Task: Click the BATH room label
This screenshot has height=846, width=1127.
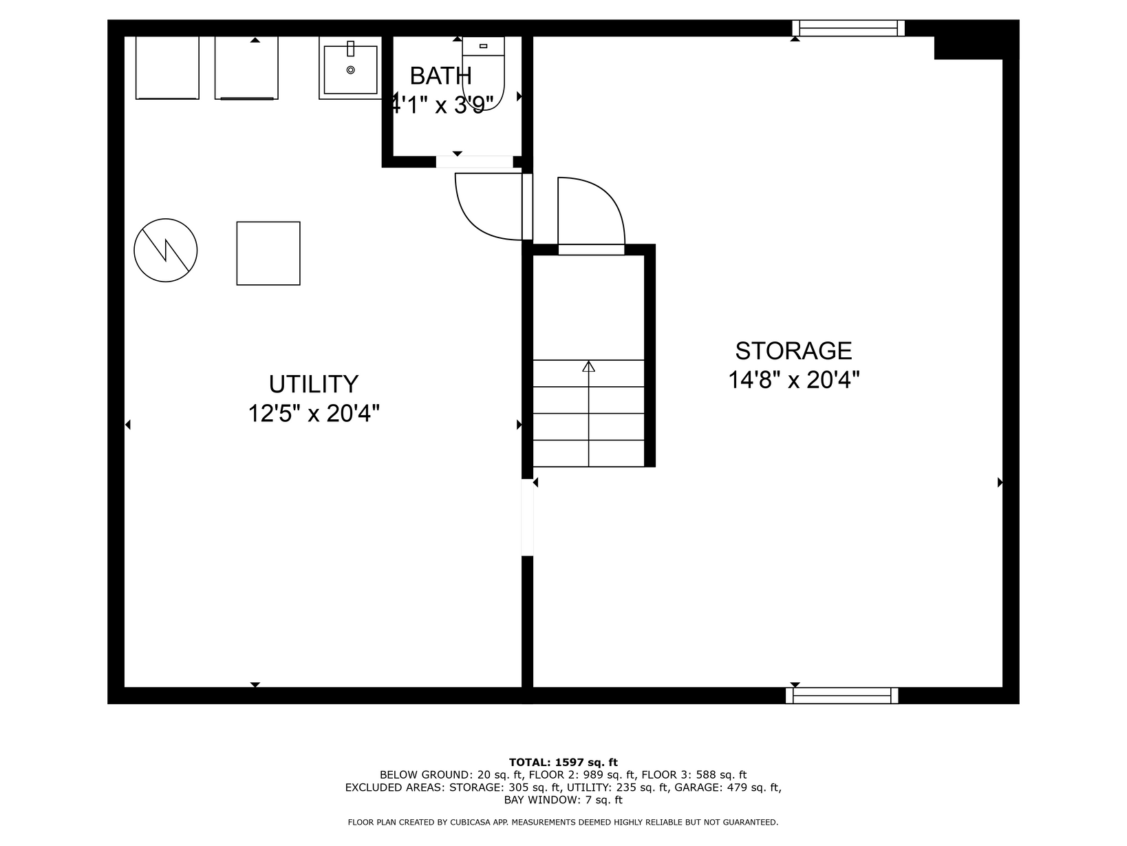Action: click(x=440, y=76)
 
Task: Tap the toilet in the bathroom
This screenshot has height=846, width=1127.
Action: click(x=483, y=72)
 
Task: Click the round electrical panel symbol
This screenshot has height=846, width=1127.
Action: click(x=165, y=250)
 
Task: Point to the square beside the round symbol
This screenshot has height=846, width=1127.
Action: click(x=268, y=253)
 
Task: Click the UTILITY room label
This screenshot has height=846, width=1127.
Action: click(x=313, y=383)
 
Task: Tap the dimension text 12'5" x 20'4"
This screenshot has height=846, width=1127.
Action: click(x=313, y=413)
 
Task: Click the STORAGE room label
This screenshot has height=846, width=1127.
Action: click(x=793, y=351)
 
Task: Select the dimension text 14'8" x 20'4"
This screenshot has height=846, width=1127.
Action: click(x=793, y=380)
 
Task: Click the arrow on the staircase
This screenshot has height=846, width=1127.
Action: click(x=588, y=414)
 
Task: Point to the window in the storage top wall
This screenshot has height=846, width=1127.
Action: click(x=848, y=28)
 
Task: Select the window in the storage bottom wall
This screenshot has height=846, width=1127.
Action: click(x=842, y=695)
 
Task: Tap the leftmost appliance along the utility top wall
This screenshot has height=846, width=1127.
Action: click(x=167, y=67)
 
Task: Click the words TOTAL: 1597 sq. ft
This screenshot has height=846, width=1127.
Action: click(x=563, y=762)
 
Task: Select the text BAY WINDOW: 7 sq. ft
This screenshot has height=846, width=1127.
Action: click(x=563, y=800)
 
